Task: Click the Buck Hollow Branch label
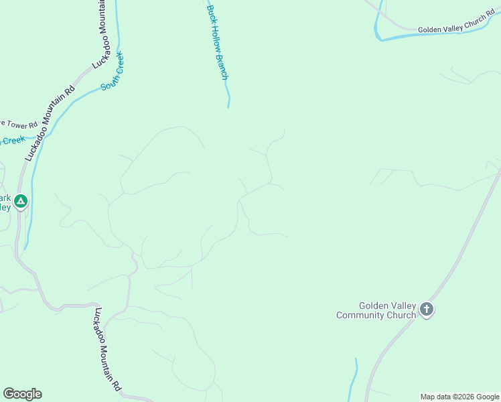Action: pyautogui.click(x=217, y=42)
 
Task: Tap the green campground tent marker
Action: pyautogui.click(x=21, y=201)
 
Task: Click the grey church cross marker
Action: pyautogui.click(x=427, y=310)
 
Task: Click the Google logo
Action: pyautogui.click(x=22, y=394)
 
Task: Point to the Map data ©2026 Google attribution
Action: pyautogui.click(x=459, y=397)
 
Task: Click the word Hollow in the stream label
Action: pyautogui.click(x=216, y=39)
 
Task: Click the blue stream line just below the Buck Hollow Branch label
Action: pyautogui.click(x=228, y=94)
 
